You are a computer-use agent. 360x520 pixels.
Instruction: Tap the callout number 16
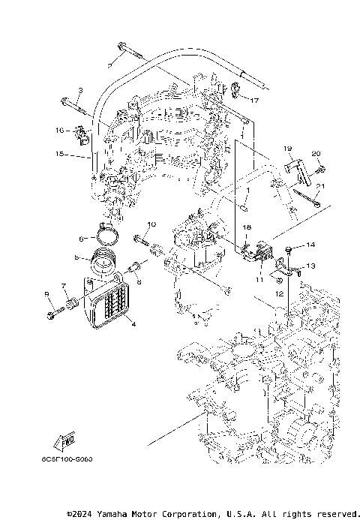(58, 131)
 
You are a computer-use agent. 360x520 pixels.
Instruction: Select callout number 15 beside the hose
(58, 155)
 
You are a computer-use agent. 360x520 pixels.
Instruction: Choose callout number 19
(286, 149)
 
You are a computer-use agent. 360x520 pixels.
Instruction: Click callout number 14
(310, 245)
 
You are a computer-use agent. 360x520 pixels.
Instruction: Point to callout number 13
(310, 266)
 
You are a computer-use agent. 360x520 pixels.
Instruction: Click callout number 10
(151, 224)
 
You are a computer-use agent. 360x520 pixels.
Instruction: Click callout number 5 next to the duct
(76, 257)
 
